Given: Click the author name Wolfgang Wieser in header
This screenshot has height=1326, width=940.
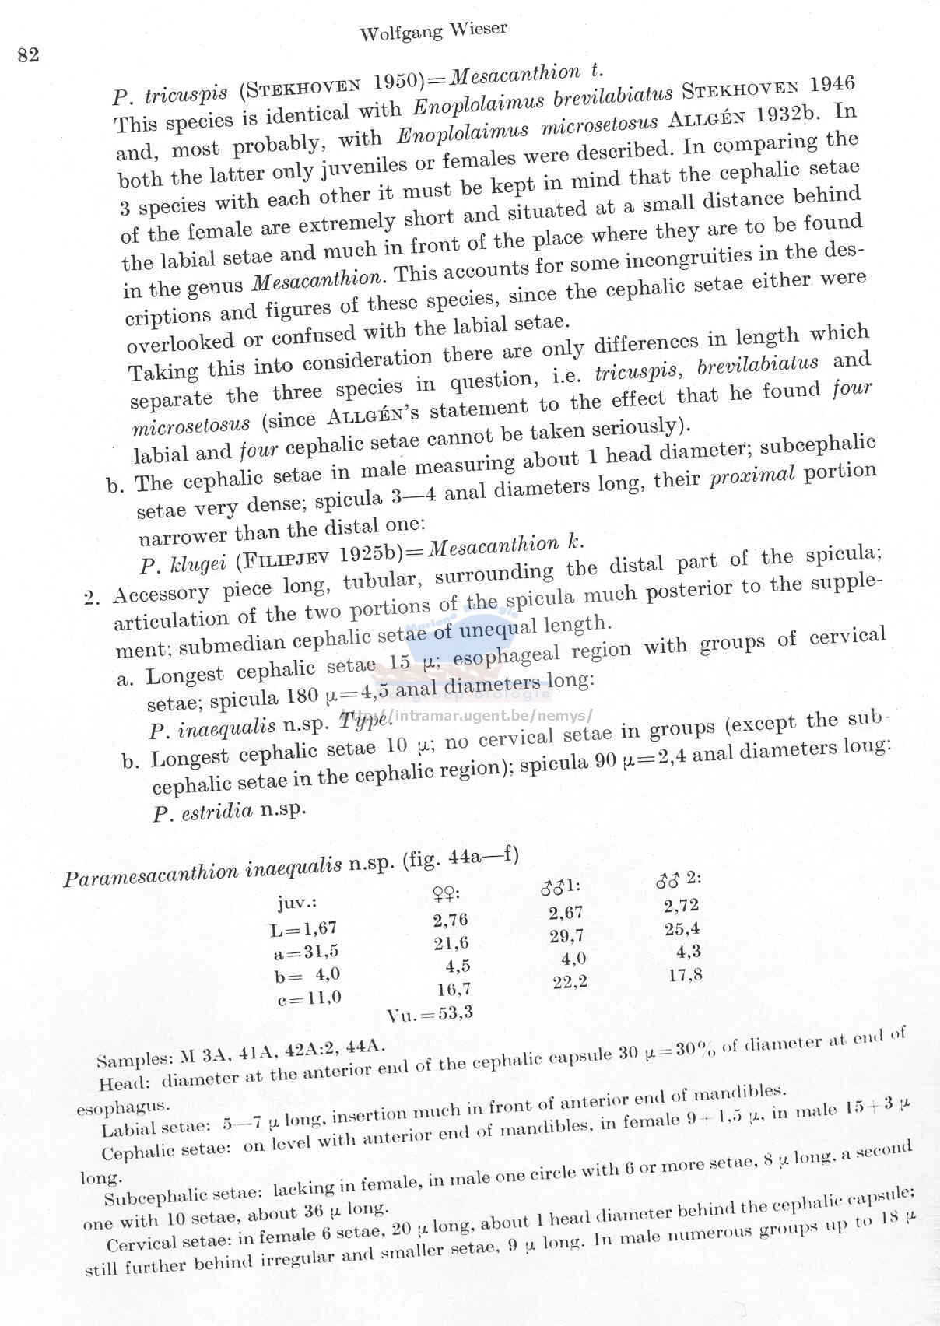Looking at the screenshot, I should click(433, 31).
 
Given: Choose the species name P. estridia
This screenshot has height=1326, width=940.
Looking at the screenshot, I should click(203, 812).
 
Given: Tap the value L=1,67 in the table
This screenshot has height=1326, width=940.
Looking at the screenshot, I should click(303, 928).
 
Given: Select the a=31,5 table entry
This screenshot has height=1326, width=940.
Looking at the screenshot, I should click(306, 951).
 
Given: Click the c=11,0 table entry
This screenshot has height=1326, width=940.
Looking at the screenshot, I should click(309, 998).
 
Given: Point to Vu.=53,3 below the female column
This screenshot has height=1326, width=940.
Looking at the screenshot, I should click(430, 1013).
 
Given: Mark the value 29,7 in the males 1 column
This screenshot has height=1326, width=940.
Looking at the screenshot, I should click(566, 936).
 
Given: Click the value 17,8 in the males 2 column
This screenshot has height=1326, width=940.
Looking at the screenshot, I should click(686, 974).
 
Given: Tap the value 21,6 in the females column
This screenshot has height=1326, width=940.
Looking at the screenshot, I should click(451, 943).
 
